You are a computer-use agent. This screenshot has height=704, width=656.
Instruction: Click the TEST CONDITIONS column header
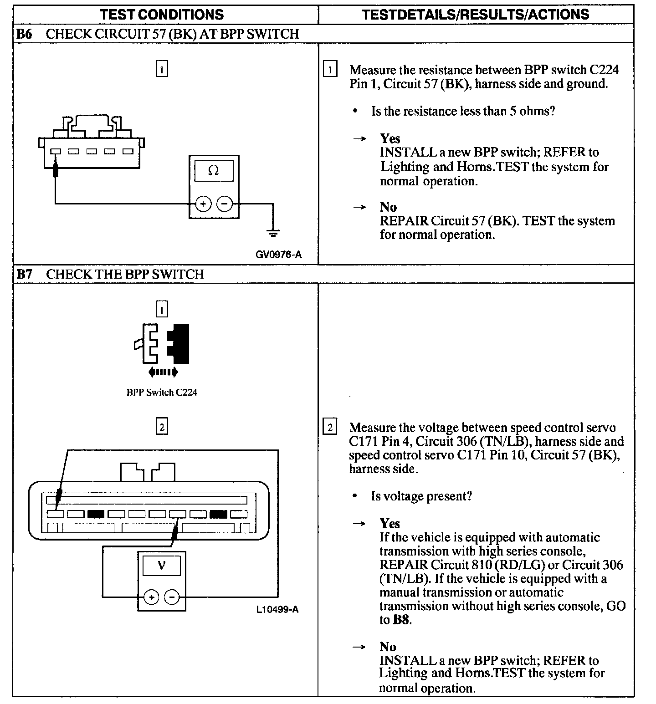162,14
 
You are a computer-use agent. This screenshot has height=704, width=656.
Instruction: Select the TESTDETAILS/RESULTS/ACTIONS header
475,14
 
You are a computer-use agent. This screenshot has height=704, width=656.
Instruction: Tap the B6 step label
24,34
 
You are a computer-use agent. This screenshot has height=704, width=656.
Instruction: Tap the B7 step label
24,274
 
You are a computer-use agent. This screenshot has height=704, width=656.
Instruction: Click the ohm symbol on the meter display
213,171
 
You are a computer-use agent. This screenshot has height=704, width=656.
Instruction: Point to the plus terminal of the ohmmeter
203,204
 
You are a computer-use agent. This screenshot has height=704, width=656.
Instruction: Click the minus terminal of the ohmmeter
224,204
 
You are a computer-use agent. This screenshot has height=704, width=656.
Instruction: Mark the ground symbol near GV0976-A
273,234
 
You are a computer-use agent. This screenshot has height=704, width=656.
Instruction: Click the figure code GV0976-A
279,255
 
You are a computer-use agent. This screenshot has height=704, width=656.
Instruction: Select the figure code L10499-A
277,609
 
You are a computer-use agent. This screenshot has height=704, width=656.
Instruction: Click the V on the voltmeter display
161,566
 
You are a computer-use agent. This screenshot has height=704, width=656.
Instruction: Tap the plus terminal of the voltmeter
151,597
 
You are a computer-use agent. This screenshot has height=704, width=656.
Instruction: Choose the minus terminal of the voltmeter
172,597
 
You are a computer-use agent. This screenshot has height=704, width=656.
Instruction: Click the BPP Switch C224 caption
162,392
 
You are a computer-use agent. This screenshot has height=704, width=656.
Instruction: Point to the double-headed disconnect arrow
163,372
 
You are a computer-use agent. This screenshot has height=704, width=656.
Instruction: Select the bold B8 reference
401,620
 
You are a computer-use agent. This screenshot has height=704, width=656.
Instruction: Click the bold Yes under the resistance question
390,138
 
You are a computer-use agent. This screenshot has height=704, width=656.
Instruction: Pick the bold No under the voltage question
388,647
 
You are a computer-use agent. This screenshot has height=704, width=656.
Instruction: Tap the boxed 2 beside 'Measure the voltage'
330,427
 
